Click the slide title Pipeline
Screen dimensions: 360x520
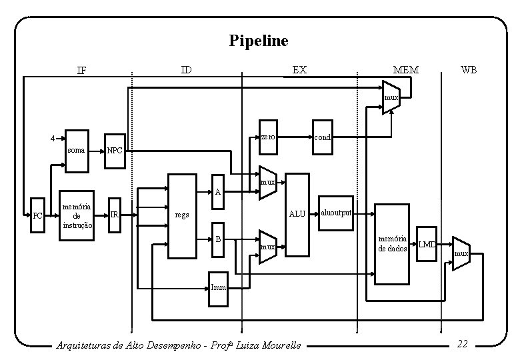(x=259, y=41)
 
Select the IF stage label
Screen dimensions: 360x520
(x=81, y=70)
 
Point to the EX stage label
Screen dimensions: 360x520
(x=300, y=69)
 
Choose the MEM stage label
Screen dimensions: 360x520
(x=405, y=69)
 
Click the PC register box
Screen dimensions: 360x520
(x=38, y=216)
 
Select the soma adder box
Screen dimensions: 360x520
(x=77, y=150)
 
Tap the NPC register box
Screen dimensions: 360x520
(x=115, y=150)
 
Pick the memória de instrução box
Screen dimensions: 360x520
(x=77, y=215)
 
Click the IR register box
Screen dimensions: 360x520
(x=115, y=215)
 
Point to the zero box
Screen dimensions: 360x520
(x=268, y=137)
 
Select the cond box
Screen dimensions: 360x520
(x=321, y=137)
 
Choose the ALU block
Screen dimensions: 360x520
(x=297, y=215)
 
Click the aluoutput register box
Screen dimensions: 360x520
(x=336, y=213)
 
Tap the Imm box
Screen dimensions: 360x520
(x=219, y=287)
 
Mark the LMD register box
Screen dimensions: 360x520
(x=427, y=245)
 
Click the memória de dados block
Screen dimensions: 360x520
(x=393, y=243)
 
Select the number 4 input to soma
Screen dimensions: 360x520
(x=52, y=139)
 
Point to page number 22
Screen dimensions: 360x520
(x=462, y=344)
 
